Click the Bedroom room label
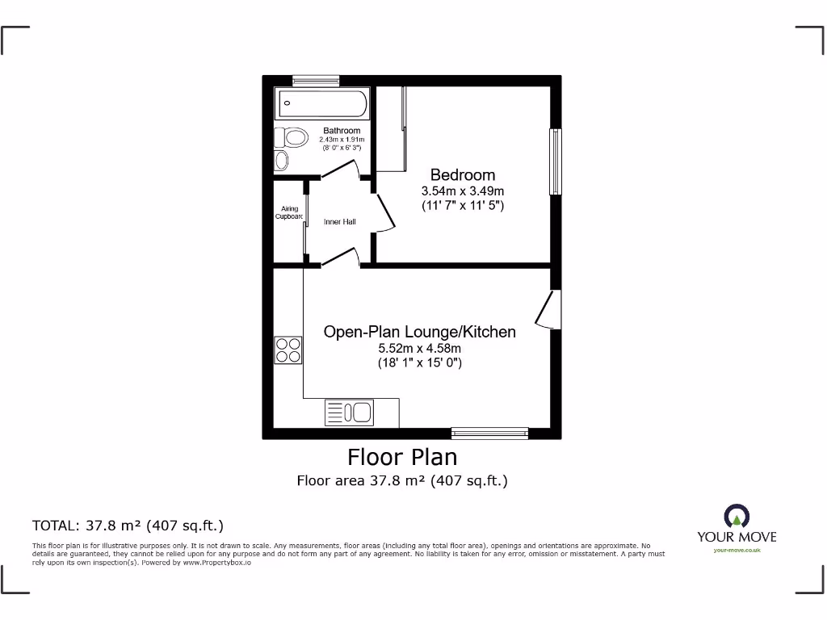pos(462,174)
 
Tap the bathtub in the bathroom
pos(322,104)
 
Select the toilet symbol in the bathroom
pos(292,138)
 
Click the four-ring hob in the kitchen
pos(288,350)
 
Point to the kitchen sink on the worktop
pos(349,413)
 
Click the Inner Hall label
pos(339,222)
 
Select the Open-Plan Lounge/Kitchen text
pos(419,332)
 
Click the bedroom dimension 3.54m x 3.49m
pos(462,191)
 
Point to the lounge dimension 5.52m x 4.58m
pos(419,348)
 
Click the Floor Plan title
pos(402,457)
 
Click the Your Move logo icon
pos(737,517)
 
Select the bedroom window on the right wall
pos(555,161)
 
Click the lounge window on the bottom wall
pos(489,432)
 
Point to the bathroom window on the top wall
pos(316,80)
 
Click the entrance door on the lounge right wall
pos(549,310)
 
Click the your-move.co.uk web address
pos(737,550)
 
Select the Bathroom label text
pos(342,131)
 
